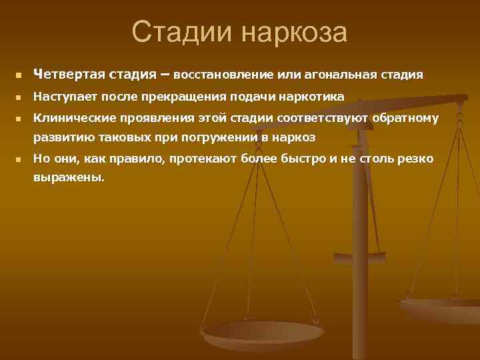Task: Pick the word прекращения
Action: [184, 97]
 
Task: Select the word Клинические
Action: [73, 119]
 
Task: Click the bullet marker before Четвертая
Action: [20, 75]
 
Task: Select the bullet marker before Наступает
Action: [20, 97]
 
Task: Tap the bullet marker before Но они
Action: [20, 160]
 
